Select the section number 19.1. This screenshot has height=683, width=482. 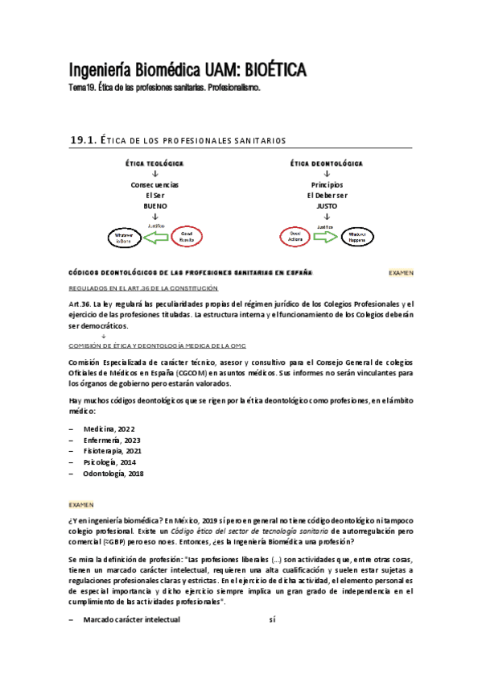(x=83, y=140)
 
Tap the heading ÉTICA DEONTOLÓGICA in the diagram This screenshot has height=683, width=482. (x=326, y=164)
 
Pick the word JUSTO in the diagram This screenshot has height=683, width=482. (x=326, y=205)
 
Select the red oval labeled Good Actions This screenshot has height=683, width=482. (x=295, y=237)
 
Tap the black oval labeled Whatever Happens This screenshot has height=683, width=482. (x=357, y=237)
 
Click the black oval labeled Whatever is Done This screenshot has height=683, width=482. (x=123, y=238)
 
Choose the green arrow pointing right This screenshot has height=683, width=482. (x=326, y=237)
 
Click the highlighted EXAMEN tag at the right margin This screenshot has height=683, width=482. (x=401, y=272)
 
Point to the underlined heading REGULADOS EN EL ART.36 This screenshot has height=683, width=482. (x=143, y=288)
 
